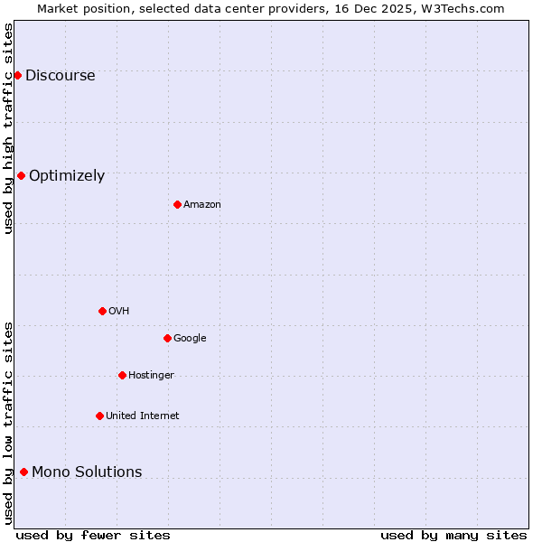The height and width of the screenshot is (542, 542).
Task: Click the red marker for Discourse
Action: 17,75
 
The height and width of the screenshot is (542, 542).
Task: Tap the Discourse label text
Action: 60,76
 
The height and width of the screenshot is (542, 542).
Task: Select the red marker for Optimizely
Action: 21,175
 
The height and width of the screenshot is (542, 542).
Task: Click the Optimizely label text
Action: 67,176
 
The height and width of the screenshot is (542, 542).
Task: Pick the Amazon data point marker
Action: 177,204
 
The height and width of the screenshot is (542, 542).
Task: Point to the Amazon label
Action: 202,205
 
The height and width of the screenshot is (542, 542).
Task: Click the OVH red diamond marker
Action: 102,311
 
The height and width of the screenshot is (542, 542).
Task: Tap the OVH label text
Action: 119,312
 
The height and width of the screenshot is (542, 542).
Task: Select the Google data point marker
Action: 167,338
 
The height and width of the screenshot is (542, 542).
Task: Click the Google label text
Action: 190,339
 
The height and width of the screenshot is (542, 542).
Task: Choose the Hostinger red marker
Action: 122,375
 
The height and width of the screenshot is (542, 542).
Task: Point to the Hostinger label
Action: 151,376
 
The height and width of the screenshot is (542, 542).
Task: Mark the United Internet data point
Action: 99,416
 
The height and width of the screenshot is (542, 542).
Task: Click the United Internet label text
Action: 142,416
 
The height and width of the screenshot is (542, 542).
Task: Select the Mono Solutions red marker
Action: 23,472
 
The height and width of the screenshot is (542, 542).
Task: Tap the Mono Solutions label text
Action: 87,472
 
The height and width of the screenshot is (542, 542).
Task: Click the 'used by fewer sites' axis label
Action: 93,535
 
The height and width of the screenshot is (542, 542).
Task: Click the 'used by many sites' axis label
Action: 453,535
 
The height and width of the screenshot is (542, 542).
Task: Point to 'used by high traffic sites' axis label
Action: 8,128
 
